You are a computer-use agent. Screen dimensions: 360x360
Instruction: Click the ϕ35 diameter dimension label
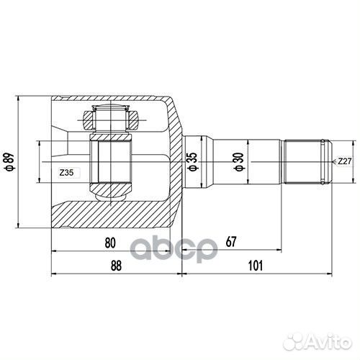click(192, 163)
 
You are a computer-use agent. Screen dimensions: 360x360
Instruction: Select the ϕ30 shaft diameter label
click(238, 163)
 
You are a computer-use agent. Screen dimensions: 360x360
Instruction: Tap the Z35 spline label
click(67, 173)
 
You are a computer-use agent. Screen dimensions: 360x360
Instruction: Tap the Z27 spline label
click(344, 162)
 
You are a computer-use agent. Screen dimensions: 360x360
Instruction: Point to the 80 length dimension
click(109, 243)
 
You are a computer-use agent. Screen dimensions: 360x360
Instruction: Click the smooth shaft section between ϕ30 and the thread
click(259, 162)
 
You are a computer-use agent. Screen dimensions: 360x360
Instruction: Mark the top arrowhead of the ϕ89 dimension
click(36, 97)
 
